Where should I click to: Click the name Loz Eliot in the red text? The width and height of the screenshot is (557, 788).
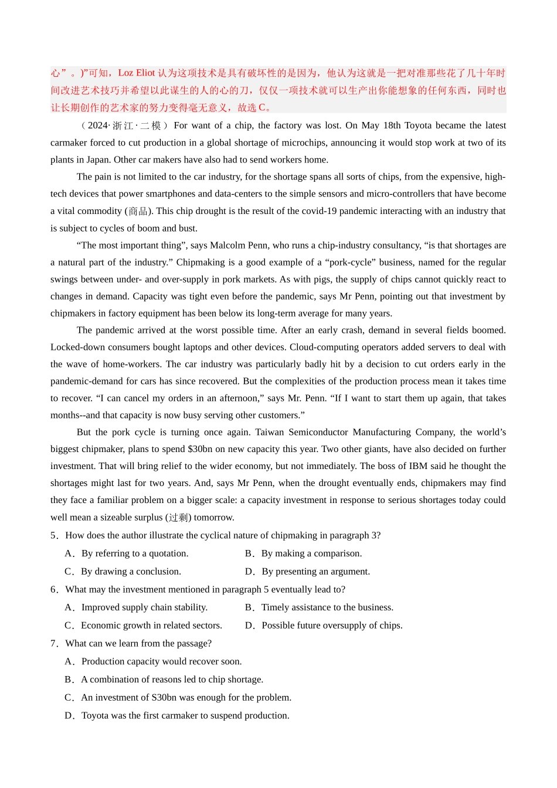(136, 73)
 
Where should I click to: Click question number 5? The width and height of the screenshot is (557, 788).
(54, 535)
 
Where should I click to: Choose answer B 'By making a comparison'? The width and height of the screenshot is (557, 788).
(311, 553)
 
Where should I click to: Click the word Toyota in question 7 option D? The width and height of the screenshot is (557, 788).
(96, 716)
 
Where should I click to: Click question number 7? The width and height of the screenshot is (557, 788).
(54, 643)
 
